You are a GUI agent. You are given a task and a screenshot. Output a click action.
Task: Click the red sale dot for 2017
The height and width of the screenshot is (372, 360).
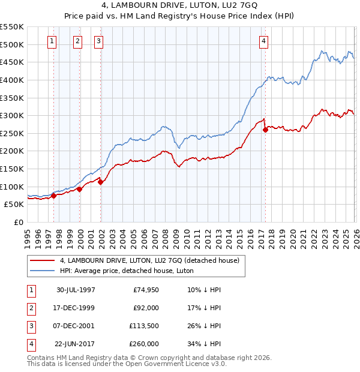[x=265, y=130]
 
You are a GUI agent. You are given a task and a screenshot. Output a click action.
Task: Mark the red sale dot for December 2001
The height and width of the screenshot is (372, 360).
[x=100, y=182]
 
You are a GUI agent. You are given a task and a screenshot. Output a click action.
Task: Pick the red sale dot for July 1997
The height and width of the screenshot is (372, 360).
[x=54, y=196]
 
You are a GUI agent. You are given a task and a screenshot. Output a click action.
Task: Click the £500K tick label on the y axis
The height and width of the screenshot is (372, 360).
[x=12, y=44]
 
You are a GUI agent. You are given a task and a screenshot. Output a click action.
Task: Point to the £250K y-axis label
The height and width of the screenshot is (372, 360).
[x=12, y=133]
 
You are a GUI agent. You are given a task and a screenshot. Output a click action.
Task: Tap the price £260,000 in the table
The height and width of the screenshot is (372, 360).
[x=145, y=344]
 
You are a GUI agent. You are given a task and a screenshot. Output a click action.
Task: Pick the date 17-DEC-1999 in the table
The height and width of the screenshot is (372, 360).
[x=75, y=308]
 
